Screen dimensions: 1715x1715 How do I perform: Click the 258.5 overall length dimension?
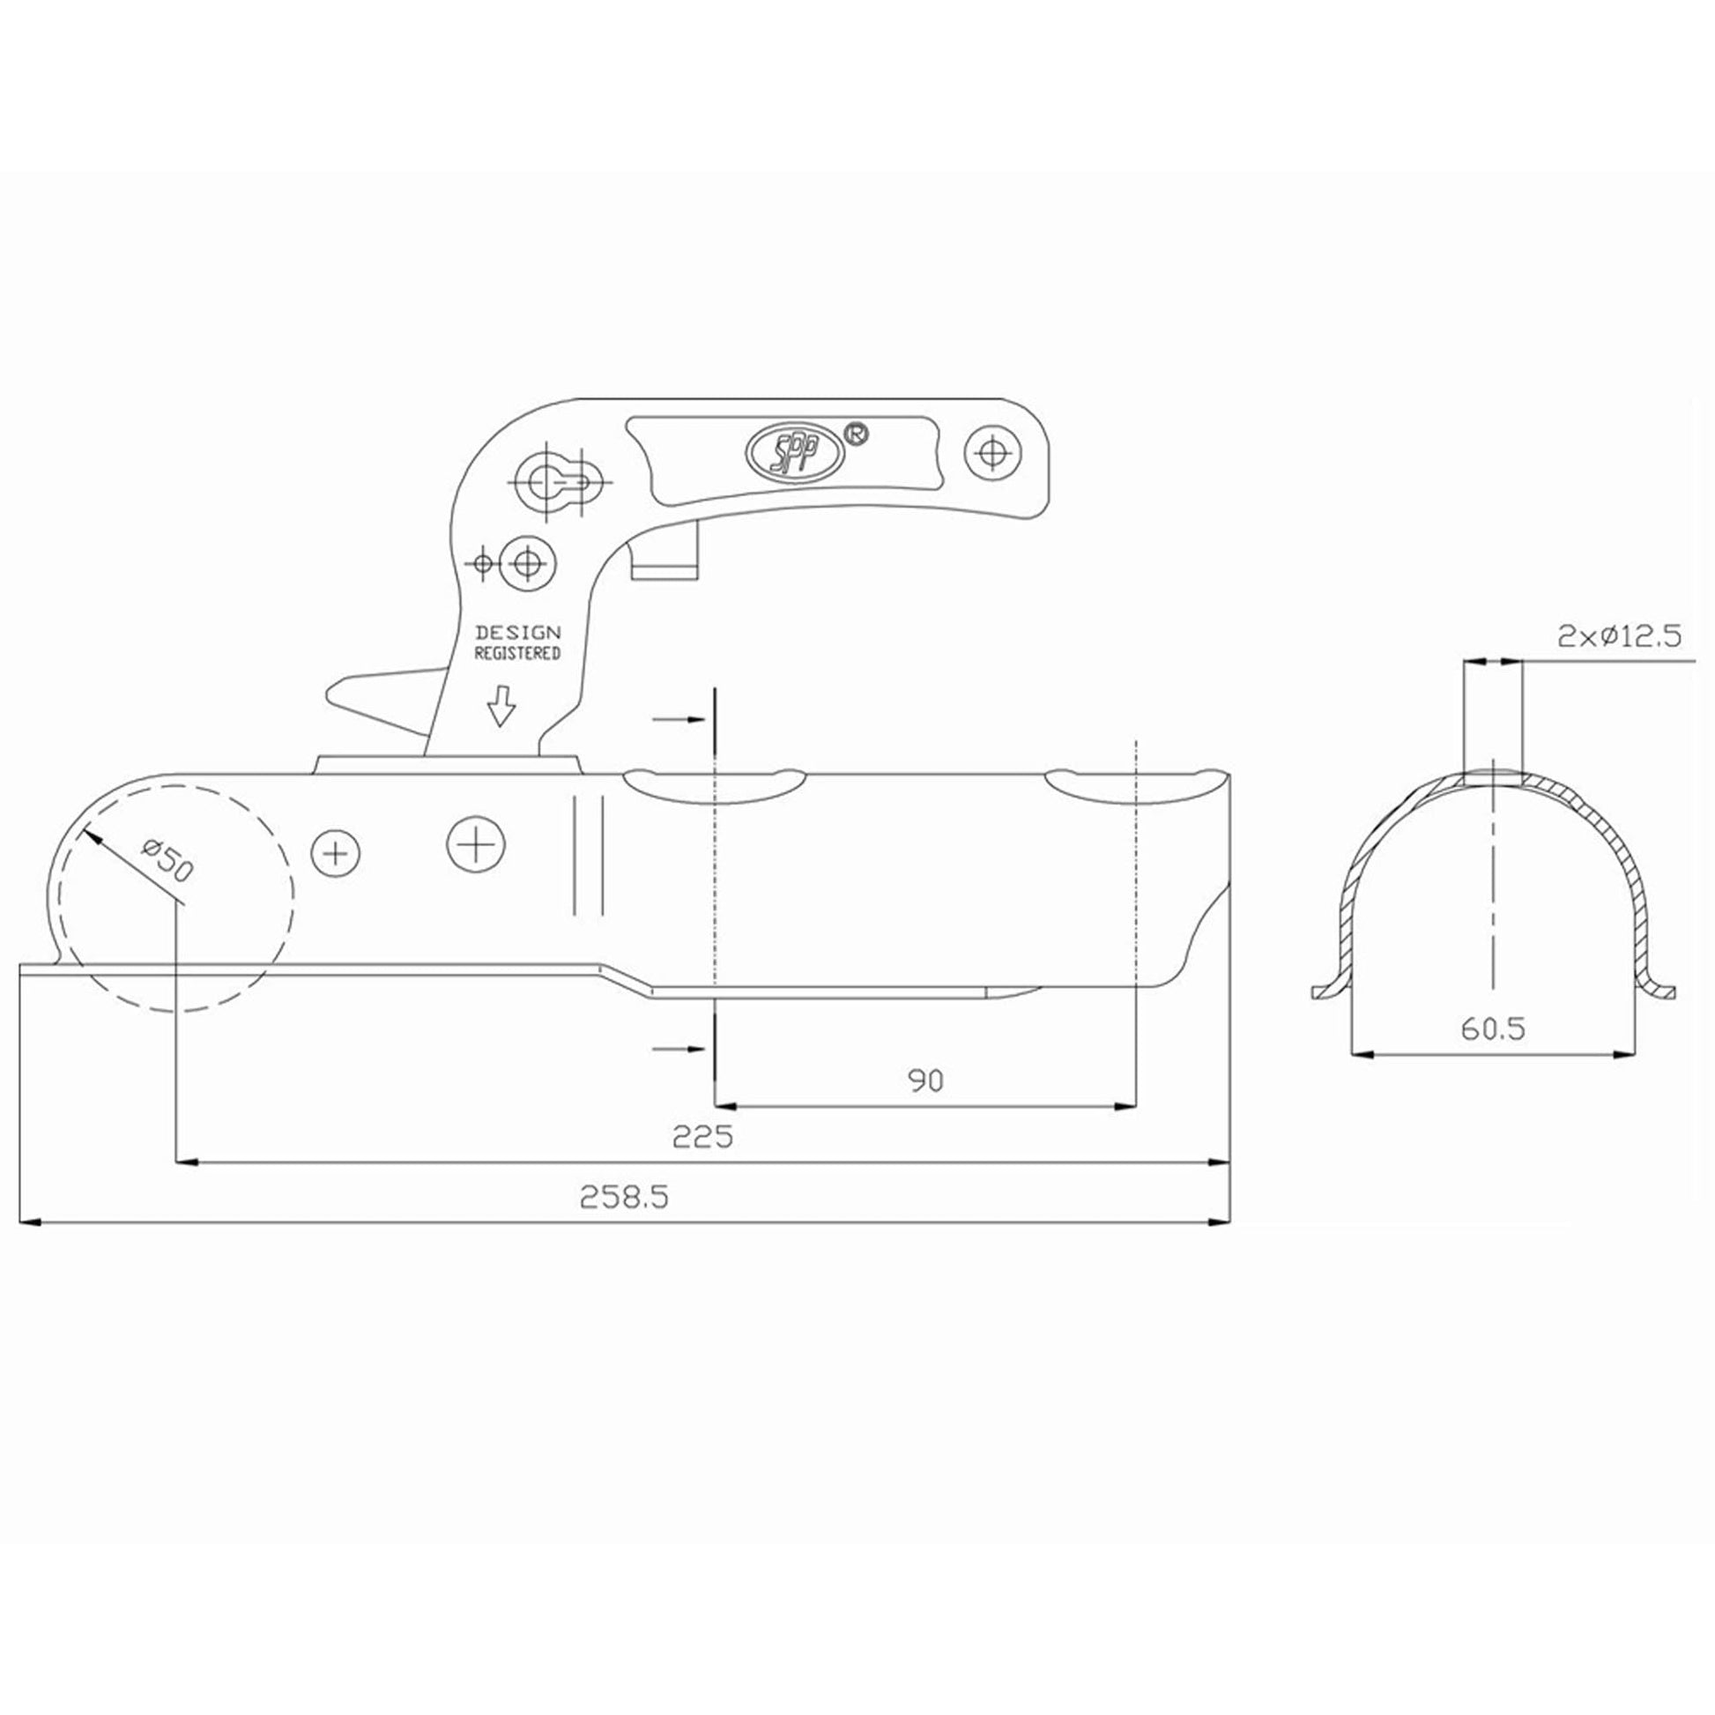(x=624, y=1198)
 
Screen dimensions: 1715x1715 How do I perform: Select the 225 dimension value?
(x=703, y=1136)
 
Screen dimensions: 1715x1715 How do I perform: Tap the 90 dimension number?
(x=926, y=1080)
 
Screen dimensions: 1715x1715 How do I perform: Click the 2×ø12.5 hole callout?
(x=1618, y=636)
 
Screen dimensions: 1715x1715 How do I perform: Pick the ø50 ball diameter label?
(x=166, y=858)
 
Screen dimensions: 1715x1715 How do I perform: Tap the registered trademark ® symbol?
(x=855, y=434)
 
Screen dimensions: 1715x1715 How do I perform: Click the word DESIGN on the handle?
(x=518, y=633)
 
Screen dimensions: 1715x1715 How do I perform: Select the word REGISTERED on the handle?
(x=517, y=653)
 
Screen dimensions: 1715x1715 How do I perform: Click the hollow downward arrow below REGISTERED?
(x=502, y=706)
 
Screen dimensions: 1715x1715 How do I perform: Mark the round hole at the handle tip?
(x=993, y=454)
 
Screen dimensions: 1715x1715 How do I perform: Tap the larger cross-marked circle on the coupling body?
(x=476, y=843)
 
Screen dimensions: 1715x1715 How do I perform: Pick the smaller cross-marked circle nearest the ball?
(x=336, y=854)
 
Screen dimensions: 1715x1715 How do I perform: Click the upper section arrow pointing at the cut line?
(x=680, y=719)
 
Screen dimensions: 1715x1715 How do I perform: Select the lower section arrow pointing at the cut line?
(x=680, y=1050)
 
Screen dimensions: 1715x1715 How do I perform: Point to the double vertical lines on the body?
(x=589, y=854)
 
